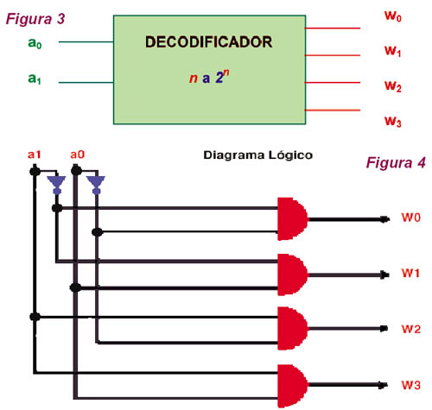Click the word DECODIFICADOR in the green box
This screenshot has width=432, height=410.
(208, 42)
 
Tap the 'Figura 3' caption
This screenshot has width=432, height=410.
(35, 19)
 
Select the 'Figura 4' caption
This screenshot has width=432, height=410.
(396, 162)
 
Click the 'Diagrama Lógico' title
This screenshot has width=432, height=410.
(257, 155)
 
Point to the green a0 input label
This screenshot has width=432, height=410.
(35, 43)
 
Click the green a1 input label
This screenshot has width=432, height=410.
(35, 79)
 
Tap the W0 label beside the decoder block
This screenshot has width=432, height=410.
(393, 16)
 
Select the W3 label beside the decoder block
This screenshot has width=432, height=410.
(393, 121)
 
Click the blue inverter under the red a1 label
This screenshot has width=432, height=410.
(57, 185)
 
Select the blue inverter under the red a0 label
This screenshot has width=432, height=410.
(96, 185)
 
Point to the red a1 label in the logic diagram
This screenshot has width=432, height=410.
(35, 155)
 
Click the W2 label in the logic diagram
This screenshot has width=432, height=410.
(411, 329)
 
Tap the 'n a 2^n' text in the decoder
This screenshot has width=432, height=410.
(209, 77)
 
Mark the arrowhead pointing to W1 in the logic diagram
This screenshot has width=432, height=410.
(384, 274)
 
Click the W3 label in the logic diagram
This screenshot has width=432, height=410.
(411, 385)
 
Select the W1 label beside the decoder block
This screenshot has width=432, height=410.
(393, 51)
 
